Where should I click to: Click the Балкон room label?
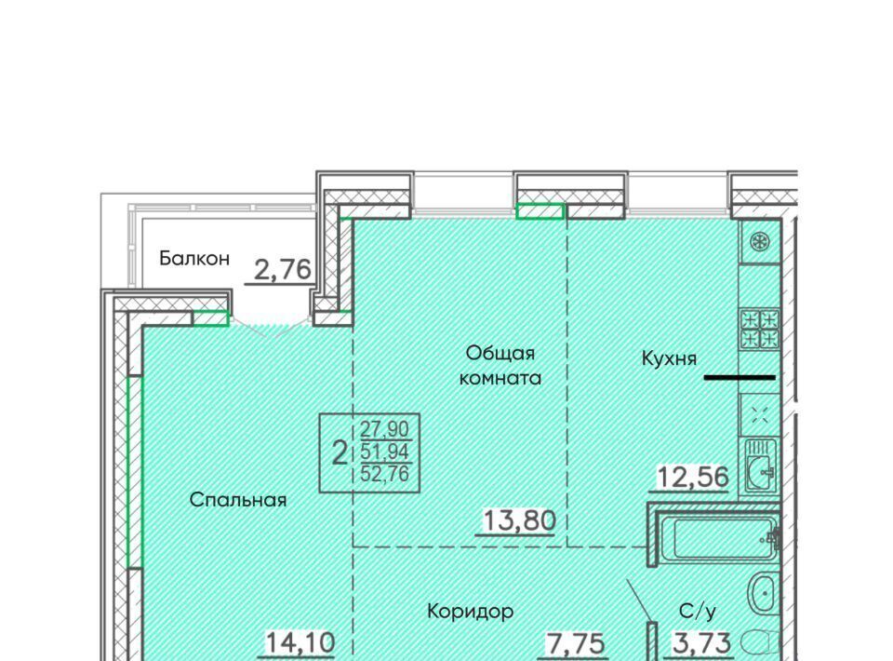tap(194, 258)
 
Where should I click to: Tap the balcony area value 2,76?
tap(283, 270)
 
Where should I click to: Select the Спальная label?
tap(237, 500)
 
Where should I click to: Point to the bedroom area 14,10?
tap(300, 642)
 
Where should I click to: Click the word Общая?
tap(500, 353)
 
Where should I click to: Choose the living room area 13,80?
tap(519, 520)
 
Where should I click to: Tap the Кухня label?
tap(669, 358)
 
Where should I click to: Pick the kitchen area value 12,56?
tap(692, 477)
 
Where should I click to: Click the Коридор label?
tap(471, 612)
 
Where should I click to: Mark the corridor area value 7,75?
tap(576, 644)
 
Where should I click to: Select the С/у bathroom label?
tap(698, 612)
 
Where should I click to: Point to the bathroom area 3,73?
tap(701, 643)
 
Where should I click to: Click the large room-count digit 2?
tap(340, 453)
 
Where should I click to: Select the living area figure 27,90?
tap(384, 428)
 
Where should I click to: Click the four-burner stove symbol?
tap(759, 330)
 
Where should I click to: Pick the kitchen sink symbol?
tap(760, 465)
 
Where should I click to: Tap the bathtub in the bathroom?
tap(722, 538)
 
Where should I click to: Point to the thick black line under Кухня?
tap(740, 377)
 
